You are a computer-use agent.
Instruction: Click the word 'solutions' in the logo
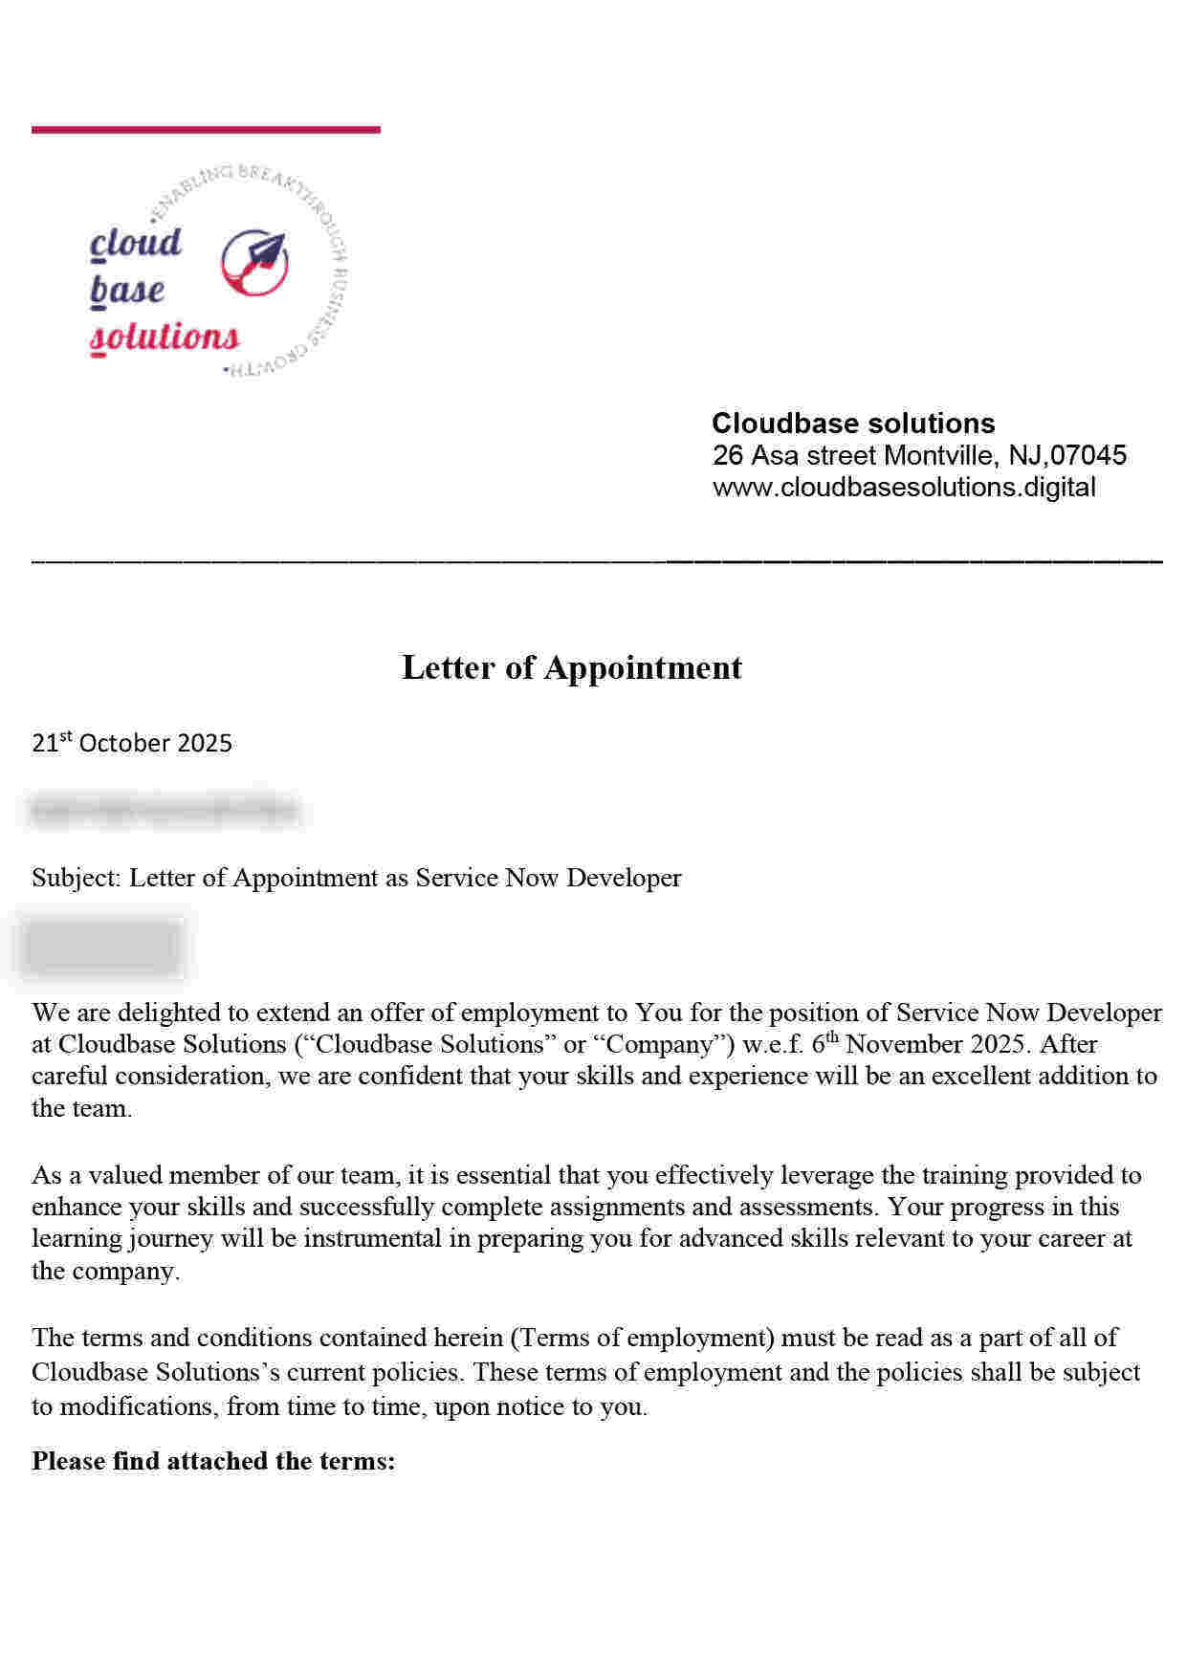coord(165,337)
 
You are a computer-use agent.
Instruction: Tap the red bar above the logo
coord(206,129)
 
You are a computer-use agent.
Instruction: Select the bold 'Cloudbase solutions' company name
coord(853,423)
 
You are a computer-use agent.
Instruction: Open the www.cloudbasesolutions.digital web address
coord(904,487)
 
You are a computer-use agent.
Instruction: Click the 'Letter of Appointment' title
coord(571,667)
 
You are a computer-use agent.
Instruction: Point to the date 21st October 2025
coord(132,743)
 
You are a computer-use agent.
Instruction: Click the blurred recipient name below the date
coord(164,811)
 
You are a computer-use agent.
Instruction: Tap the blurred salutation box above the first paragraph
coord(103,947)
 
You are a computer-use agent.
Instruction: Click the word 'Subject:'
coord(77,878)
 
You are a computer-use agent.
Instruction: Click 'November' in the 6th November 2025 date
coord(903,1044)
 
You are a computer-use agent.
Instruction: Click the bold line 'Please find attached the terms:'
coord(213,1461)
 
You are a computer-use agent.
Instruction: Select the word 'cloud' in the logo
coord(136,243)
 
